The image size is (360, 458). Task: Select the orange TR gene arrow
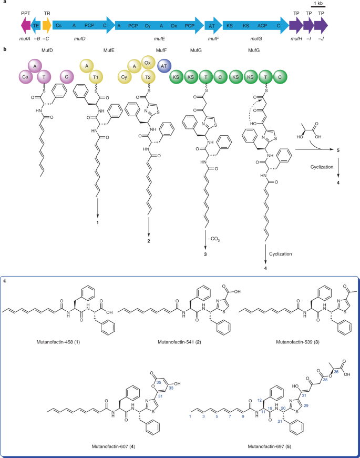tap(47, 25)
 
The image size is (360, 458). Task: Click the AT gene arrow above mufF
tap(213, 25)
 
